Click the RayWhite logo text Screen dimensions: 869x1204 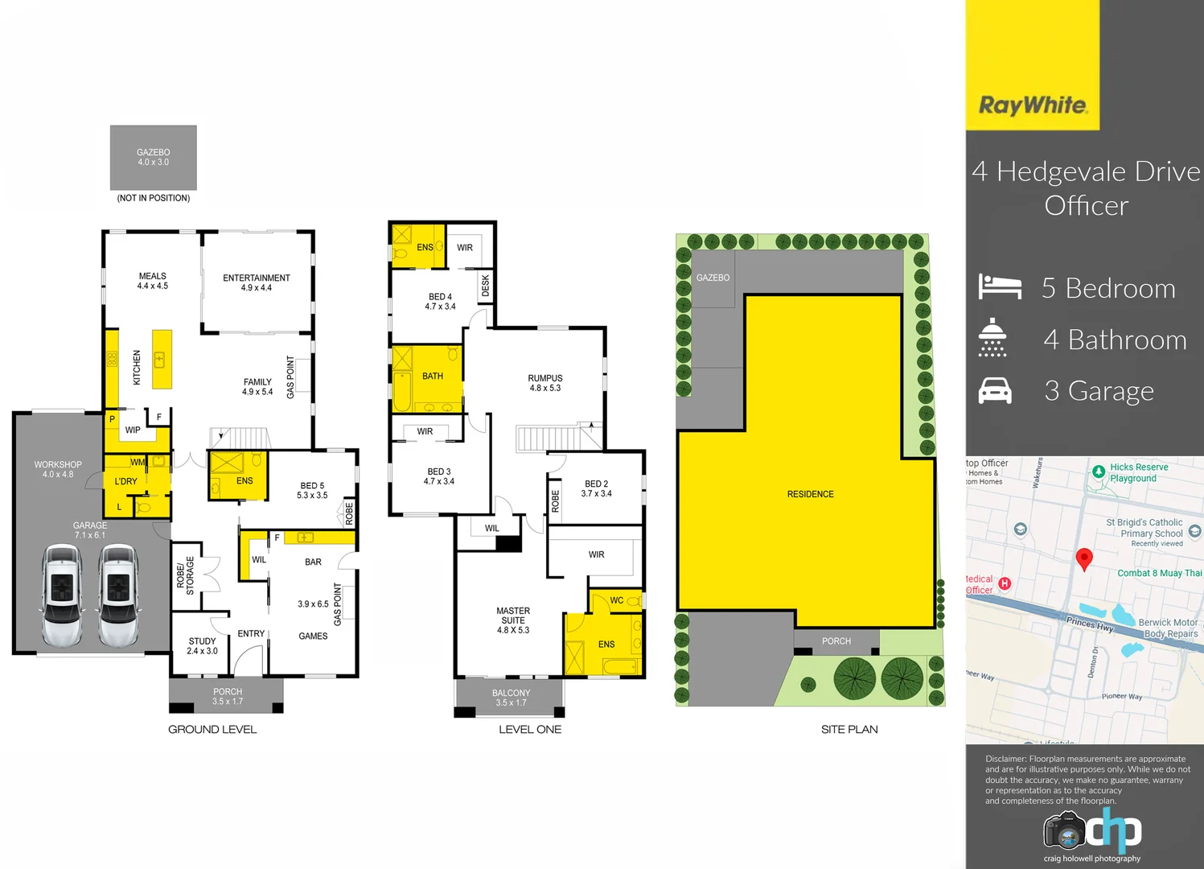click(1033, 105)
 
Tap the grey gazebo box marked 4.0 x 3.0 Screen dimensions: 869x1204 click(154, 158)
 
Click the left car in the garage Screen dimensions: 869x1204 click(63, 595)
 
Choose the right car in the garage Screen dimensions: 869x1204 click(118, 595)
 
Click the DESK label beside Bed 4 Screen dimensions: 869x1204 click(485, 286)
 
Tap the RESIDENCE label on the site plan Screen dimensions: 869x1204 click(810, 494)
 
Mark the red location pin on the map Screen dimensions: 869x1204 click(1084, 558)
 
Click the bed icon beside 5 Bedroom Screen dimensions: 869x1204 click(1000, 287)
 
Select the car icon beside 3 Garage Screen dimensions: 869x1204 click(995, 391)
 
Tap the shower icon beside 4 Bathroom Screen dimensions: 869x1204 click(992, 338)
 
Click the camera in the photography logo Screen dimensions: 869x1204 click(1065, 830)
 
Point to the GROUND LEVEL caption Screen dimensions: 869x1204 click(212, 730)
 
